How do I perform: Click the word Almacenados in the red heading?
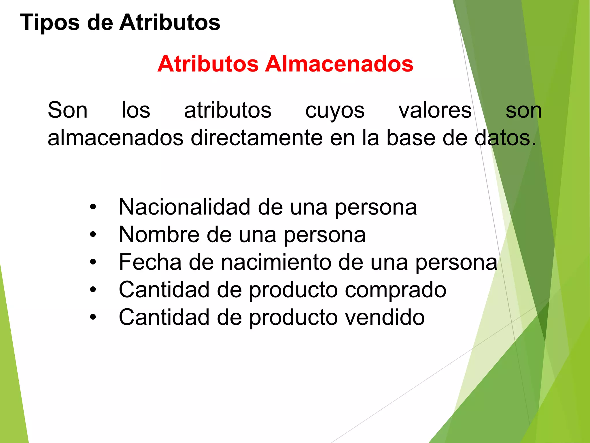tap(339, 64)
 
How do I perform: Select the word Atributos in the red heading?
tap(208, 64)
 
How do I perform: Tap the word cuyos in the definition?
tap(335, 111)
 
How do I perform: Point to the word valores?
tap(435, 110)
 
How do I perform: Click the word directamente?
tap(257, 138)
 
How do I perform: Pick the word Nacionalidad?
tap(184, 207)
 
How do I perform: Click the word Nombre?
tap(159, 234)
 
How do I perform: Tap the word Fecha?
tap(150, 262)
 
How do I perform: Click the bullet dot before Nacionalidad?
tap(93, 207)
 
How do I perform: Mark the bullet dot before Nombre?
tap(93, 234)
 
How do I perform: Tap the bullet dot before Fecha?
tap(93, 262)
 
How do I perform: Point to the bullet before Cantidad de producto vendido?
tap(93, 317)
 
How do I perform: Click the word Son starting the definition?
tap(67, 110)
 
